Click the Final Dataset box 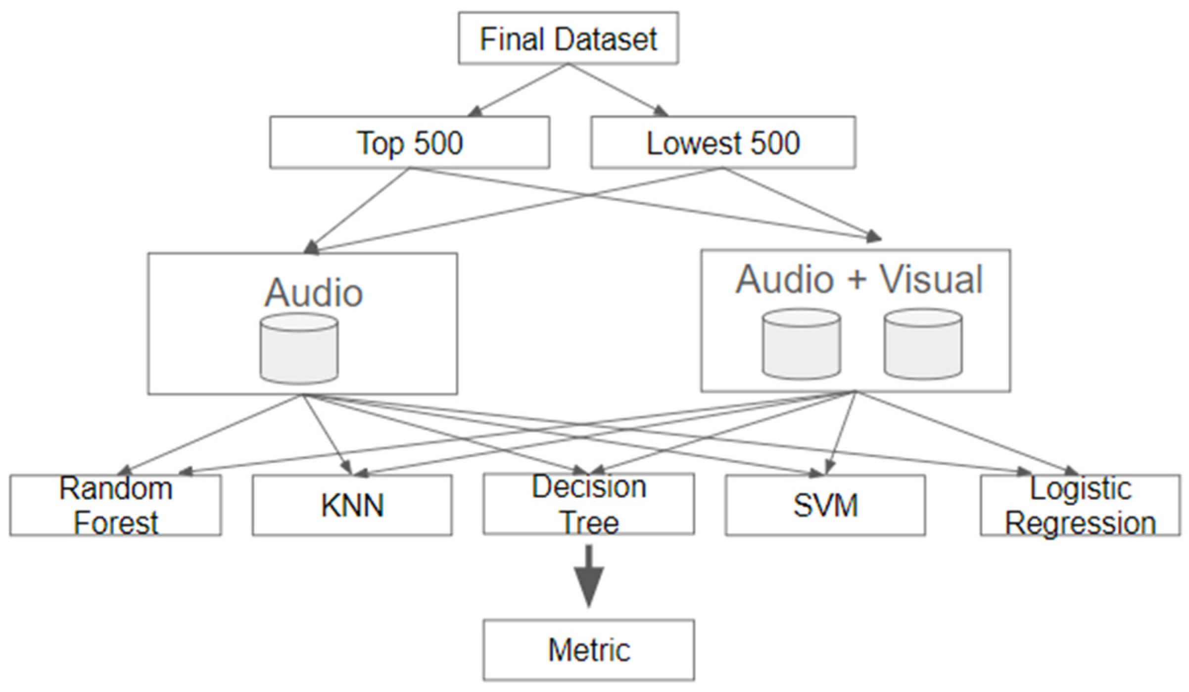(x=568, y=39)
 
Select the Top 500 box (x=409, y=143)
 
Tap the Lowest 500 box (x=723, y=143)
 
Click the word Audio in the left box (x=314, y=293)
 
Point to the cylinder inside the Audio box (x=299, y=348)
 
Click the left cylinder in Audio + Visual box (x=801, y=345)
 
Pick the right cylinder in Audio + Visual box (x=923, y=345)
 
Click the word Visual (x=930, y=280)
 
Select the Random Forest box (x=115, y=505)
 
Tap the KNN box (x=352, y=505)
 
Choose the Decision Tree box (x=588, y=504)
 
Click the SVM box (x=825, y=505)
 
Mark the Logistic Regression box (x=1080, y=505)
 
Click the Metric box (x=588, y=650)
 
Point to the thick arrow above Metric (x=588, y=576)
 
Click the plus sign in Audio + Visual (x=857, y=280)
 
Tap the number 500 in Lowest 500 (x=775, y=143)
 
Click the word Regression (x=1080, y=523)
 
